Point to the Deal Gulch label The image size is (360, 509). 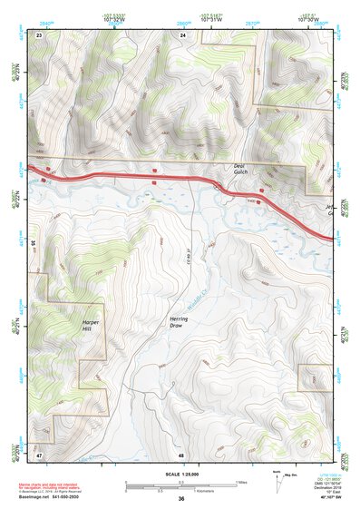239,169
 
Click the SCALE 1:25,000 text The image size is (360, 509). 180,474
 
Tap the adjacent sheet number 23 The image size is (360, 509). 40,34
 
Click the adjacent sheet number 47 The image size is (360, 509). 40,453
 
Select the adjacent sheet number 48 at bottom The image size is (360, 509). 181,453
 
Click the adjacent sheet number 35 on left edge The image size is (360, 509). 34,243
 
